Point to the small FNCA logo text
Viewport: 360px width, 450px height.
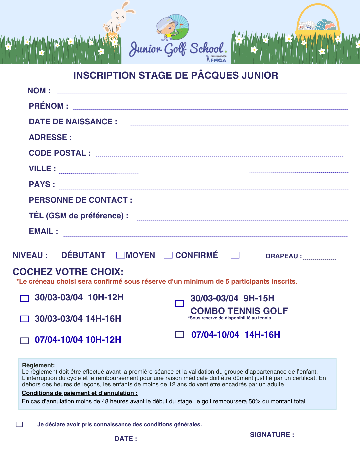point(218,60)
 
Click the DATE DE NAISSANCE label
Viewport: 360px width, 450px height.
point(73,122)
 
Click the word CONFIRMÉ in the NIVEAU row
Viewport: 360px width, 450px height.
point(196,255)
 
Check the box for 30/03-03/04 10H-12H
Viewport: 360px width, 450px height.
point(25,298)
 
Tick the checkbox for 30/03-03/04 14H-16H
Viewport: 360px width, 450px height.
point(25,319)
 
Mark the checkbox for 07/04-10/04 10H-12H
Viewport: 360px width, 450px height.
point(25,341)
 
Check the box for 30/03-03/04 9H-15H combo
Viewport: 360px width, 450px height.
point(179,304)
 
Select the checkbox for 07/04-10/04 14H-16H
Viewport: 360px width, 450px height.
point(179,334)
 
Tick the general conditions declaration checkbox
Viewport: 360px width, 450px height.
point(19,424)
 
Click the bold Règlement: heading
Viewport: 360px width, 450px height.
point(38,365)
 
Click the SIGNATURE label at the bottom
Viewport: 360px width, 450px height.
point(272,435)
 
